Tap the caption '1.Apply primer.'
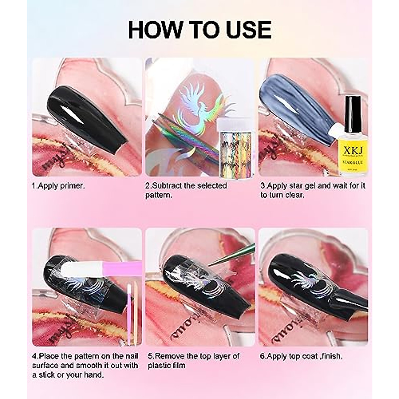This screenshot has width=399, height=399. [x=59, y=186]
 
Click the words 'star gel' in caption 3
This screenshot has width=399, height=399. [x=302, y=186]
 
